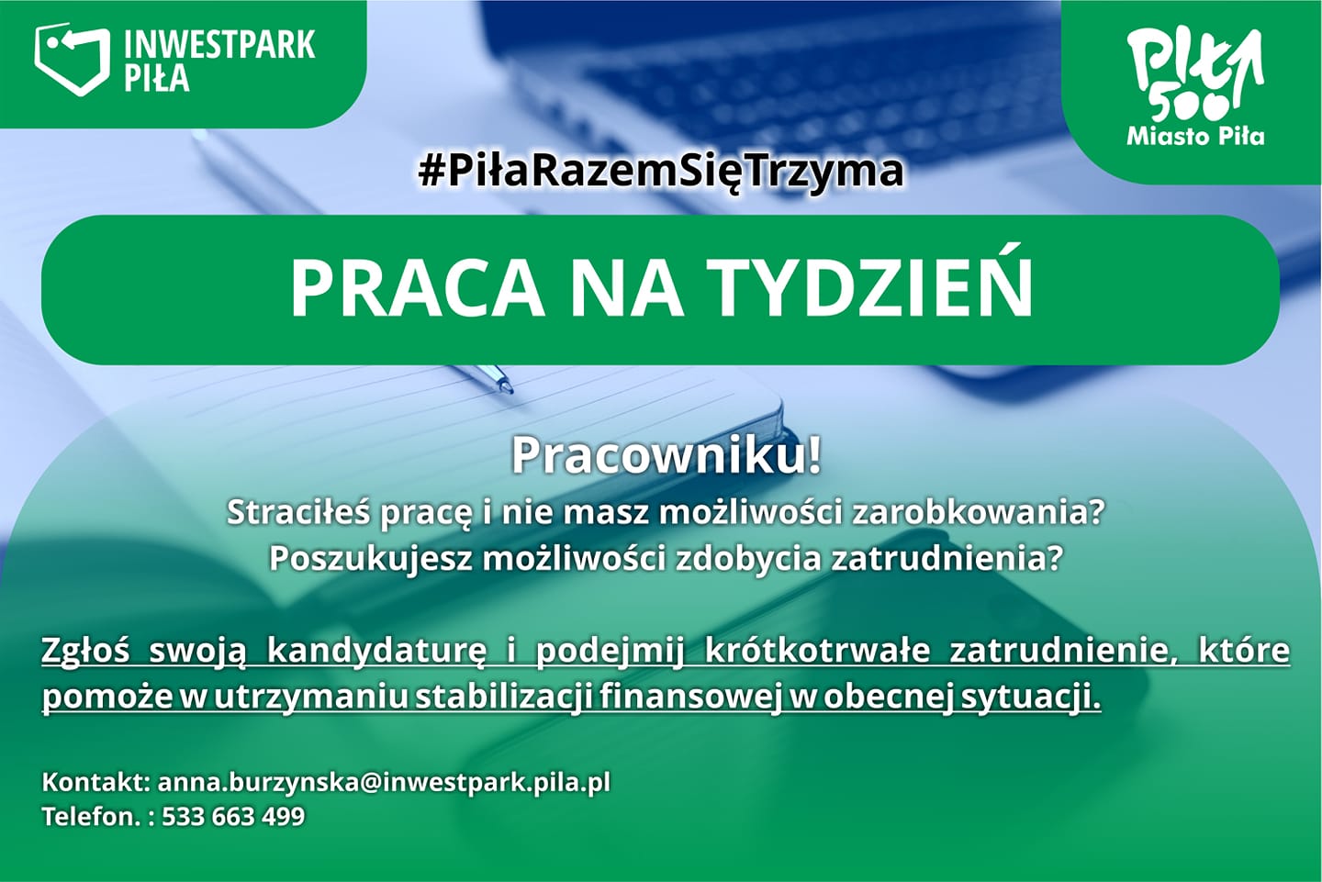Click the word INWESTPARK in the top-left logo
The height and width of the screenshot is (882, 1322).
click(219, 44)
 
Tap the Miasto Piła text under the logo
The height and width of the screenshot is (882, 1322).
click(1195, 137)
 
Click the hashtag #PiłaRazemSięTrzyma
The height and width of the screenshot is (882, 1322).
click(661, 171)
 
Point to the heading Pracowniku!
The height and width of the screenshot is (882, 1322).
click(666, 455)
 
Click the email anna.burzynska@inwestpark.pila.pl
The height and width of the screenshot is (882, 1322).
click(384, 783)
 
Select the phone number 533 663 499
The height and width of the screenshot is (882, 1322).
click(233, 817)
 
